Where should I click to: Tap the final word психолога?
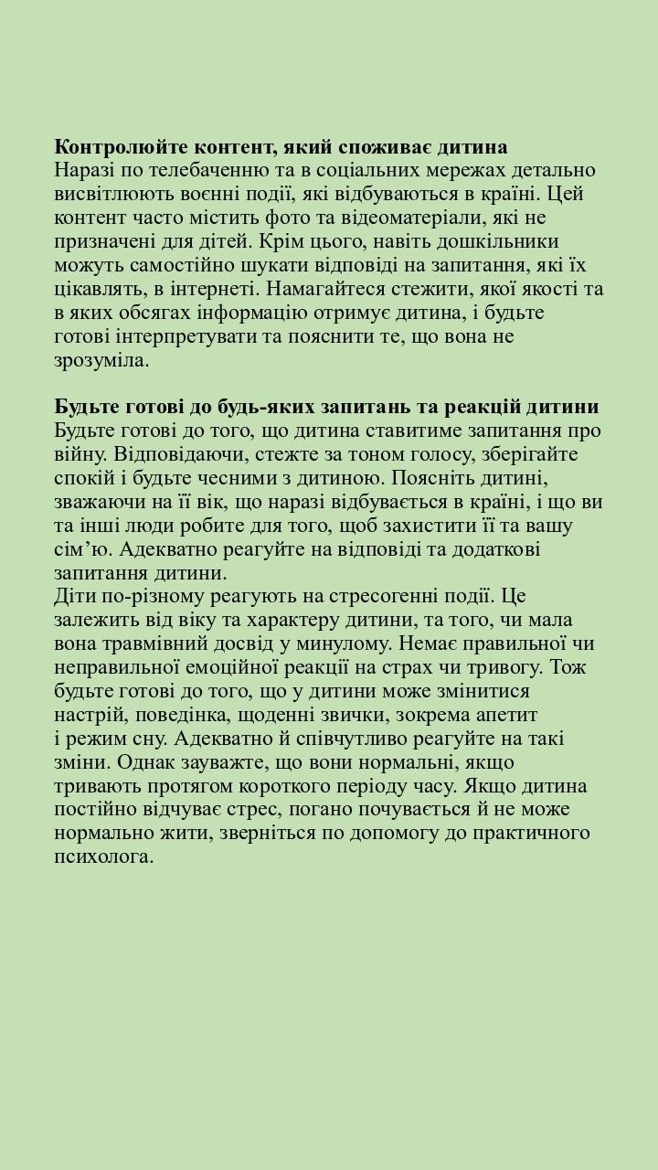pyautogui.click(x=102, y=856)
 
